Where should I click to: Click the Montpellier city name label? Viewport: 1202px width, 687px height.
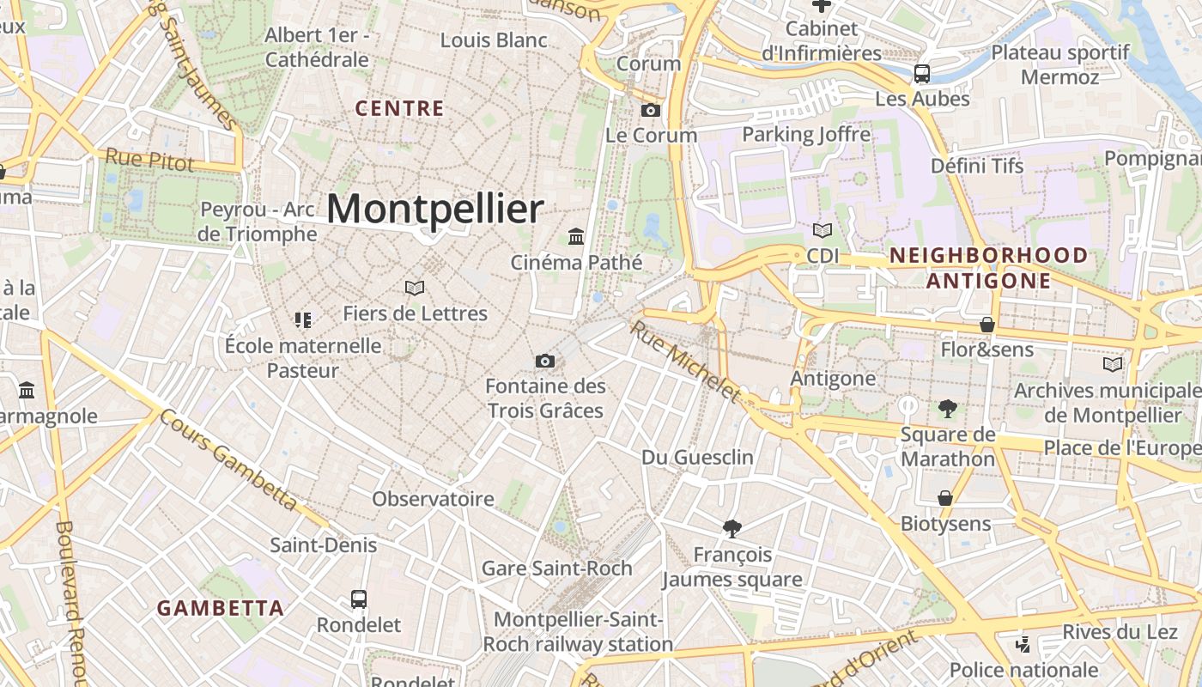(435, 209)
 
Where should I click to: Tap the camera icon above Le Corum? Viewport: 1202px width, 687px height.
(651, 110)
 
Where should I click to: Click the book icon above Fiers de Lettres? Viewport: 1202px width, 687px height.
(415, 288)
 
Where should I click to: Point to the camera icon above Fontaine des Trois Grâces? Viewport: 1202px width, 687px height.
(544, 361)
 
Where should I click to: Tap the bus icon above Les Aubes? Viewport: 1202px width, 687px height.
(922, 74)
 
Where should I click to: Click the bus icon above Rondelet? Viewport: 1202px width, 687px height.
(359, 599)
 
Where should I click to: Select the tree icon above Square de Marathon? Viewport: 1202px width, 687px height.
(947, 408)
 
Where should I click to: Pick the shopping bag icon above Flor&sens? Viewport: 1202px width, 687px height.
(987, 325)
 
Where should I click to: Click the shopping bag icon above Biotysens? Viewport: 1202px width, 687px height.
(945, 498)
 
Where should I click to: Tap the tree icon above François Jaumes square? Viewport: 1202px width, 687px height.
(732, 528)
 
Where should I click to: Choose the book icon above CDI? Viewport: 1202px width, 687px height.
(823, 230)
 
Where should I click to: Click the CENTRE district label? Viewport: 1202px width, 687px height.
(399, 108)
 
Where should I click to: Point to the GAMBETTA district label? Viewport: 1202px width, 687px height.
(220, 608)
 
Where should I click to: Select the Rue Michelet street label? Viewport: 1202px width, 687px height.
(684, 361)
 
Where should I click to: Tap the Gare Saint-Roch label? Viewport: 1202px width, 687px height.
(556, 568)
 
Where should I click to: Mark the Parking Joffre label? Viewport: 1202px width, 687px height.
(805, 134)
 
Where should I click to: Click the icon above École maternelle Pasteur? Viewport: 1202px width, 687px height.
(302, 320)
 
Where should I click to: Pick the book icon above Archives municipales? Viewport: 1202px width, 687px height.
(1112, 364)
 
